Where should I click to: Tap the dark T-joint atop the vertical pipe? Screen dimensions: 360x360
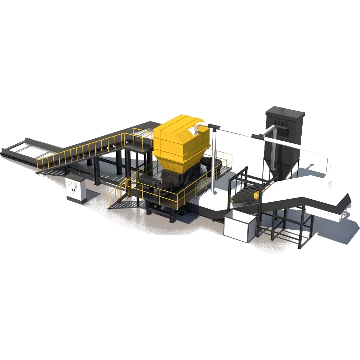click(213, 128)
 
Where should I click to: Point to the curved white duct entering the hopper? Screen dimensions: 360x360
click(196, 129)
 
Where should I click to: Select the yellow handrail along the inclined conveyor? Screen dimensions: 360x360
click(85, 150)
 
